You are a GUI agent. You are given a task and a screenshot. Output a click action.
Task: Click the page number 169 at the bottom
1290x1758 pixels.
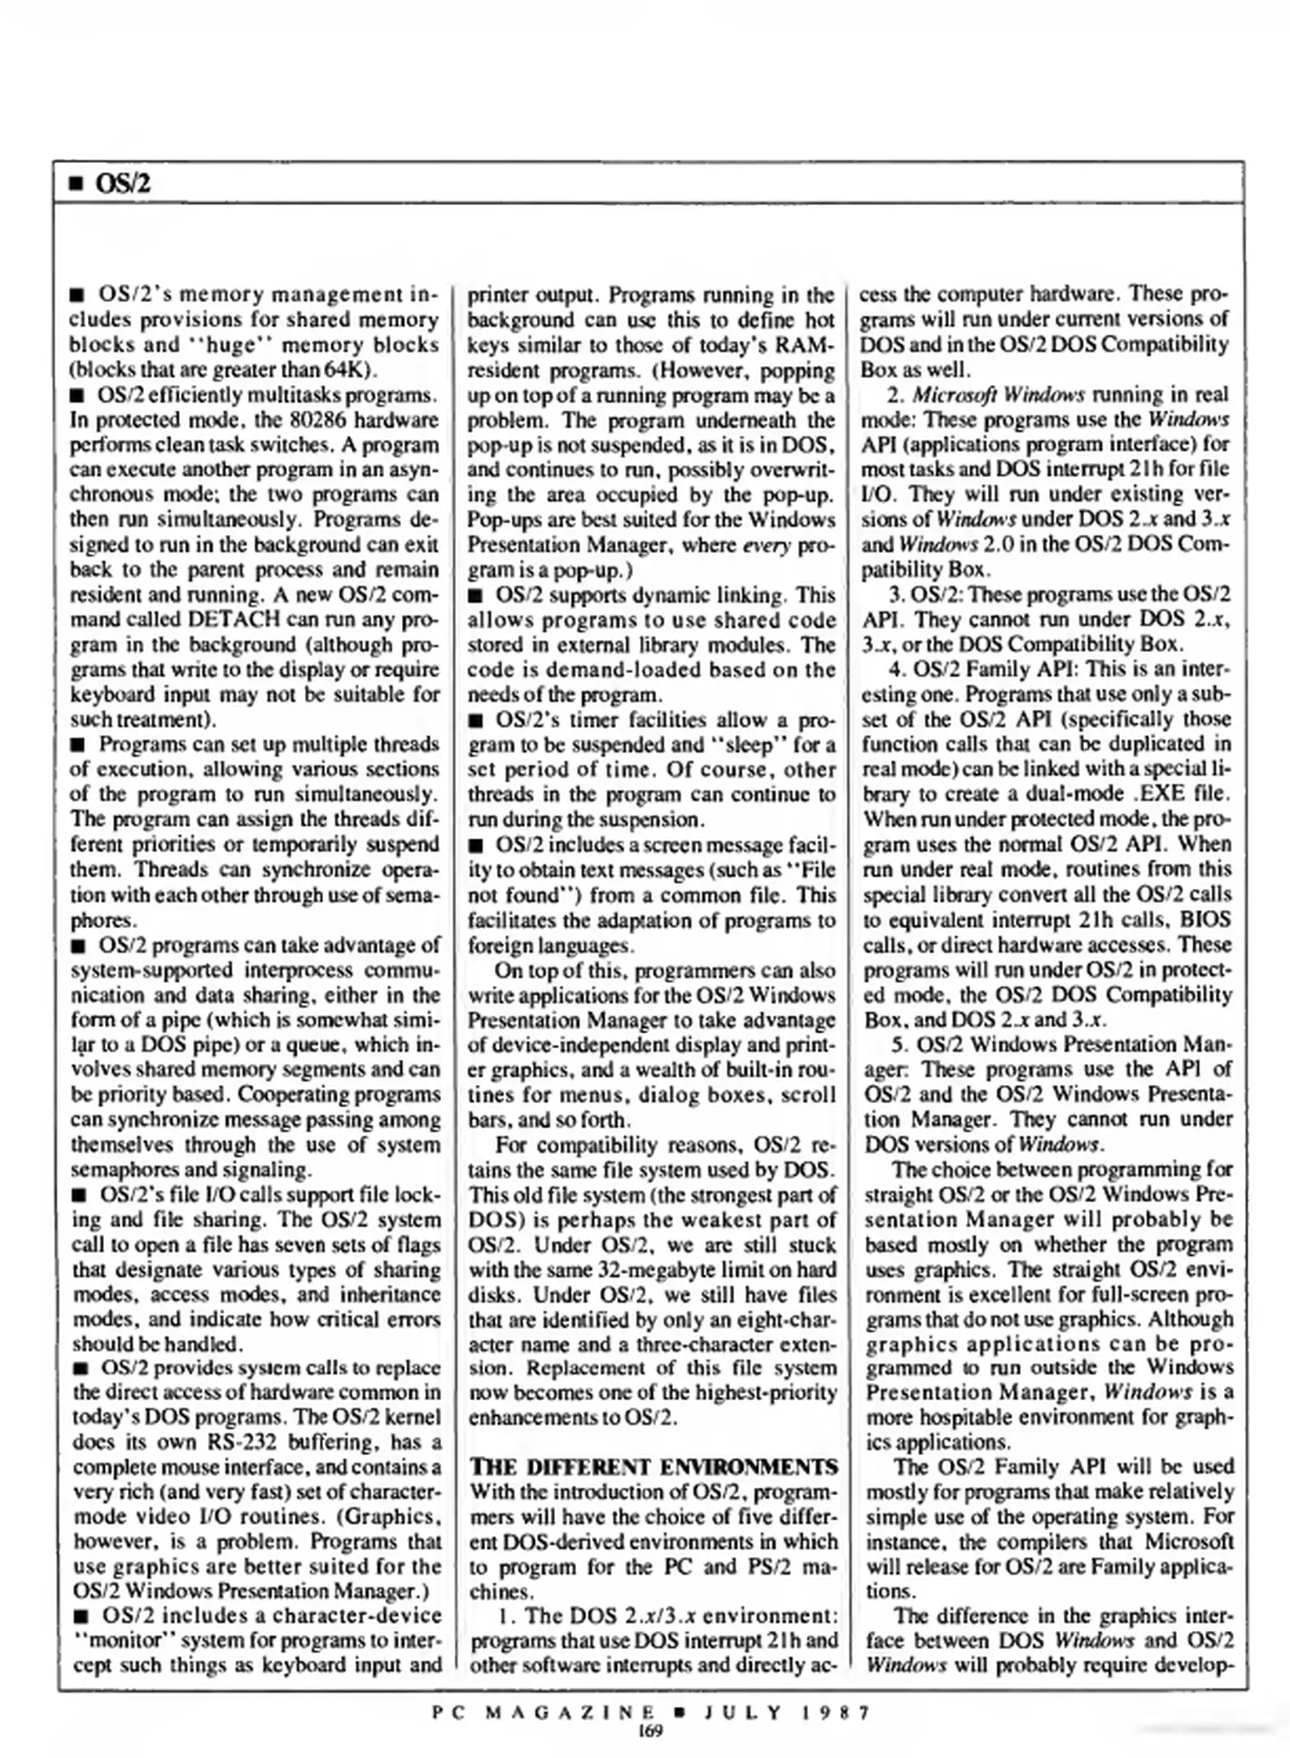pos(650,1730)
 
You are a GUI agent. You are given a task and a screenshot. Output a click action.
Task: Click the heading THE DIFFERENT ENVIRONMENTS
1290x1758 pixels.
pos(653,1467)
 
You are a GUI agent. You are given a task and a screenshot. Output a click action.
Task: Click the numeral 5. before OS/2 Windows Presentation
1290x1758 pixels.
pos(899,1044)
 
